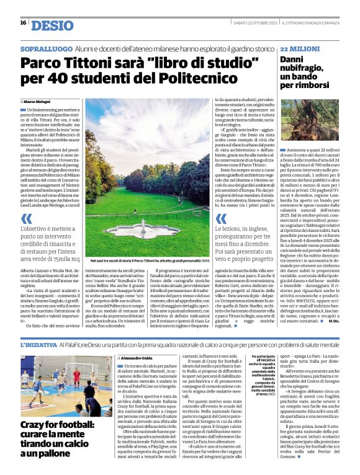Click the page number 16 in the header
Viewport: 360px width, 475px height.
point(23,23)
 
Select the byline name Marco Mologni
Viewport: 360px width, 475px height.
point(38,101)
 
